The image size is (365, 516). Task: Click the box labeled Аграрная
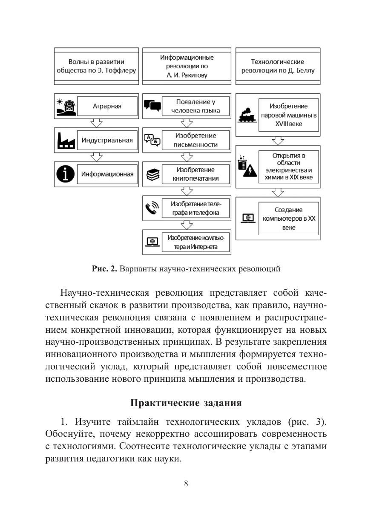pyautogui.click(x=107, y=106)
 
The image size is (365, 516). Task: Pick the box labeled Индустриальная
pyautogui.click(x=107, y=140)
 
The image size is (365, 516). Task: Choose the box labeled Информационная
pyautogui.click(x=107, y=174)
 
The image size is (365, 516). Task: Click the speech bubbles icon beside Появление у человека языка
pyautogui.click(x=152, y=106)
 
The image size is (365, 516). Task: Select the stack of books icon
pyautogui.click(x=152, y=174)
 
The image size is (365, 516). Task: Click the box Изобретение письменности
pyautogui.click(x=195, y=140)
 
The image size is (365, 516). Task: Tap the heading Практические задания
pyautogui.click(x=186, y=403)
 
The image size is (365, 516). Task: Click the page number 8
pyautogui.click(x=186, y=484)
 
